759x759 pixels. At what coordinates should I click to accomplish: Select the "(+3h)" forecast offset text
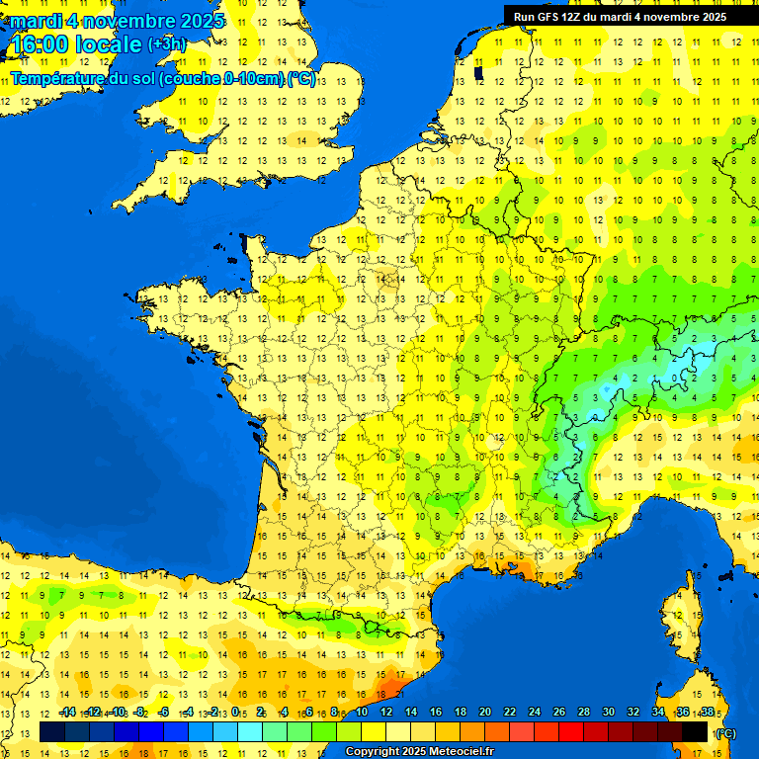[166, 43]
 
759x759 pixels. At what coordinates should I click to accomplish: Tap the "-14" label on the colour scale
[67, 713]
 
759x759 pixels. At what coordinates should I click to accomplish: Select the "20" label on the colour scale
[485, 713]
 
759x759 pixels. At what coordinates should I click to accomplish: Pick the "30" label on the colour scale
[609, 713]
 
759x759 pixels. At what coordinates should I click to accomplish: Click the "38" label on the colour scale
[707, 713]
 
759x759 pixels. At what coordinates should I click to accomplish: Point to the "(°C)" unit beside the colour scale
[725, 733]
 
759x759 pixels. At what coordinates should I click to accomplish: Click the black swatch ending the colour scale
[695, 731]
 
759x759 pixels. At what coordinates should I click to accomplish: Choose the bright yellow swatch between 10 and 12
[374, 731]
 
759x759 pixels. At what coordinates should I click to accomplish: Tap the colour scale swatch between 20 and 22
[497, 731]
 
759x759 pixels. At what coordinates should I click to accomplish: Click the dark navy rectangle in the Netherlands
[478, 72]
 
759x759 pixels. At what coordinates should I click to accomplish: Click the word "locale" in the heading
[110, 44]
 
